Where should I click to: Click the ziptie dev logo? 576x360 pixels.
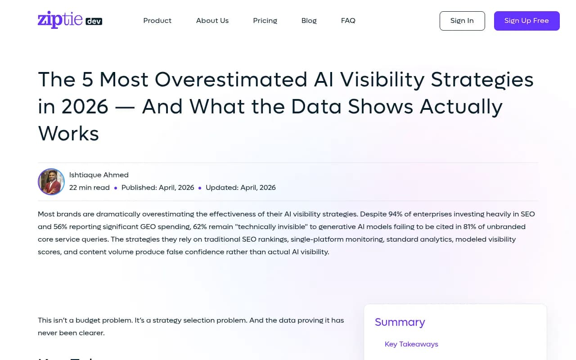70,20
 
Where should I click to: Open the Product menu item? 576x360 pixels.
157,21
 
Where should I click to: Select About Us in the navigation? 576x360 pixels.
212,21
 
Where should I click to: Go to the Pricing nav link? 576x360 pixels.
265,21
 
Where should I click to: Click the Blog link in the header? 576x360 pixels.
309,21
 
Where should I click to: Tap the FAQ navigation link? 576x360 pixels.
348,21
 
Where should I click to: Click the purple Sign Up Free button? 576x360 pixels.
526,21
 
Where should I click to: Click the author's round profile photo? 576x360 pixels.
51,182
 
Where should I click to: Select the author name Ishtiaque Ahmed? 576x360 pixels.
99,175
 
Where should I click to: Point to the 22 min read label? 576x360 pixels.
89,188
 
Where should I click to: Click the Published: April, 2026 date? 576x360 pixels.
157,188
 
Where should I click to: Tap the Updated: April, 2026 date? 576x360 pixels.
240,188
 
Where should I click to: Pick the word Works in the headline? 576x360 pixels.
68,134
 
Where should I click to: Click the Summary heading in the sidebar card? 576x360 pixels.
400,322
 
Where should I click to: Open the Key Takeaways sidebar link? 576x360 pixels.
411,344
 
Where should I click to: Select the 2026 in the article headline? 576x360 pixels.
85,107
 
